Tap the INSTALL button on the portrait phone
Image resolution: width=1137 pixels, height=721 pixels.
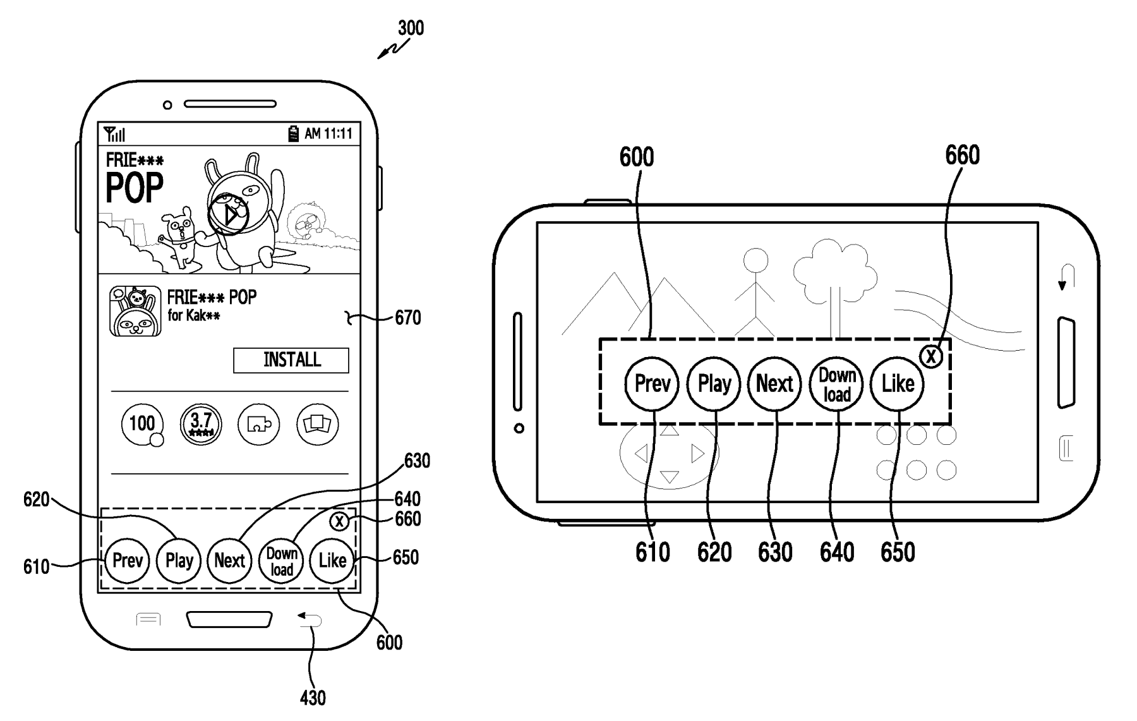coord(291,360)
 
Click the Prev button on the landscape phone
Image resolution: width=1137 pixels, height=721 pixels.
coord(652,384)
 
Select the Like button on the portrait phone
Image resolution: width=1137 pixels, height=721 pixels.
coord(332,560)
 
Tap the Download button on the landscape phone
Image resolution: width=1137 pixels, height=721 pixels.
coord(837,384)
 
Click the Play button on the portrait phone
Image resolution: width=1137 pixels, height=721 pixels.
coord(179,560)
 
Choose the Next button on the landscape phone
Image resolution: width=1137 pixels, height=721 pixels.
coord(775,384)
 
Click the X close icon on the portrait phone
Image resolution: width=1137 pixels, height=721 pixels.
coord(340,521)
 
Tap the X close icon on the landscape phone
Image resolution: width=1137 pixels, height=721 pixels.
coord(931,357)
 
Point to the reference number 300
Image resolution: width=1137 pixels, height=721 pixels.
coord(411,28)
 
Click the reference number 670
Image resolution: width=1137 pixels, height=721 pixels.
coord(408,317)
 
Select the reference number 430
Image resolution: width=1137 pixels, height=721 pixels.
coord(313,698)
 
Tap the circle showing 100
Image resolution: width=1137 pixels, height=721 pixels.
coord(142,424)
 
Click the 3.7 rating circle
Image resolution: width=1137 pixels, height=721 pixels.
coord(201,424)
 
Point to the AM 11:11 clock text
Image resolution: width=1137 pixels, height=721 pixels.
coord(328,134)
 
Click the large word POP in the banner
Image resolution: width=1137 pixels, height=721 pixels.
coord(135,188)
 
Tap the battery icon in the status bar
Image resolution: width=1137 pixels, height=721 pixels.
coord(294,134)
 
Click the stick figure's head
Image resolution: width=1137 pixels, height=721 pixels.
coord(755,260)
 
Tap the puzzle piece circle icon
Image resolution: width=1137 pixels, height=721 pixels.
coord(259,424)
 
